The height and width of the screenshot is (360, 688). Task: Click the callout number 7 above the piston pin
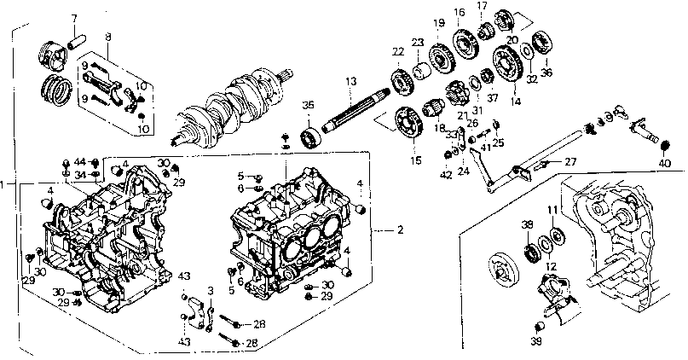point(73,18)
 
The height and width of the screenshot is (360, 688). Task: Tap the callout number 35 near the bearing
point(309,105)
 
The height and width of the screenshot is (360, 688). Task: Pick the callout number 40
point(665,163)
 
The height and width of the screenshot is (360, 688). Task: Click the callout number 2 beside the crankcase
point(401,230)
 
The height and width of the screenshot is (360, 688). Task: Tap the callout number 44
point(79,162)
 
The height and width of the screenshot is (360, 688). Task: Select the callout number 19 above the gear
point(438,23)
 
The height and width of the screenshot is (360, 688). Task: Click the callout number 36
point(546,72)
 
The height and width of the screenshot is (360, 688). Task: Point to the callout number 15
point(415,158)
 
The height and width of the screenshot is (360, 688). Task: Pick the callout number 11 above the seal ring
point(552,209)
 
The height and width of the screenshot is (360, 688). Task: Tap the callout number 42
point(446,175)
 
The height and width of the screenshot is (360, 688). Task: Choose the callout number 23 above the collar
point(418,42)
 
